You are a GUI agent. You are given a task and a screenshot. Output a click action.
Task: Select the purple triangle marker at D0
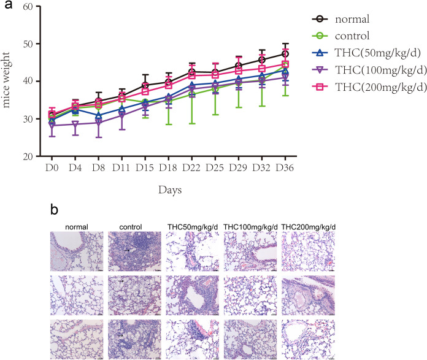52,125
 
